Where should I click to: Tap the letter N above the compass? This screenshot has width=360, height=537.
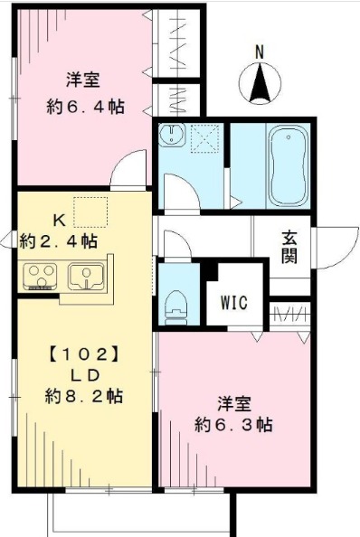click(260, 52)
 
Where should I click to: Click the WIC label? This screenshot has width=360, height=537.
click(233, 301)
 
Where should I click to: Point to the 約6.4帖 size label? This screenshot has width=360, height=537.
click(85, 107)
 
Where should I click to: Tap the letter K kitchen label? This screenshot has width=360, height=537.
click(57, 220)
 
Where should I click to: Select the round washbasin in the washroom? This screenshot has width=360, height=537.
click(171, 137)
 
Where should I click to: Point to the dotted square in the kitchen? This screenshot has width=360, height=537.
click(90, 212)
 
